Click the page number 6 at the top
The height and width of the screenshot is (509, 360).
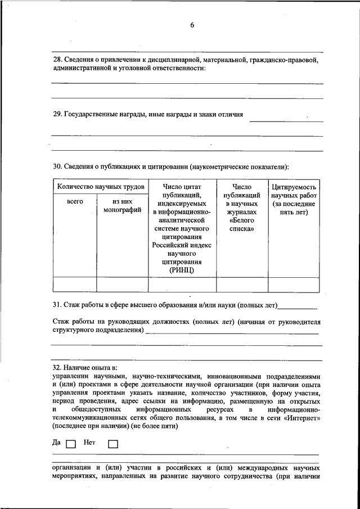(192, 25)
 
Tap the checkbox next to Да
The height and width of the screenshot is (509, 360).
(70, 443)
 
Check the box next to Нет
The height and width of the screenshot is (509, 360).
(112, 443)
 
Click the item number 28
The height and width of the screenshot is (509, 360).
(57, 59)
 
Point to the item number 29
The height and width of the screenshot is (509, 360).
(57, 114)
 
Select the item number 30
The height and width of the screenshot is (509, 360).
(57, 166)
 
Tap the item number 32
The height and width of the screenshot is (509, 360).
(57, 367)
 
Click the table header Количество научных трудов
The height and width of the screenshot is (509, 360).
(100, 186)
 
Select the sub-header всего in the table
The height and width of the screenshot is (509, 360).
(75, 201)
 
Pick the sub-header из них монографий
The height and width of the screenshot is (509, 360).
(122, 206)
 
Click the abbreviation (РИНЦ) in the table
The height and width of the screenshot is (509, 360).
(181, 271)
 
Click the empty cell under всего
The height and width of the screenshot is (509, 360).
(74, 285)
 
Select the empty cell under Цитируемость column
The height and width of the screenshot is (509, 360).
(294, 285)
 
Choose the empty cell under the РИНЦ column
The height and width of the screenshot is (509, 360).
(181, 285)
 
